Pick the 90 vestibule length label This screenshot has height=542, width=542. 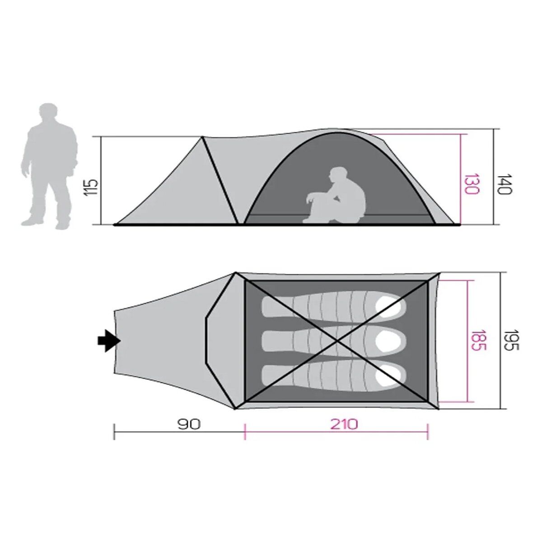189,424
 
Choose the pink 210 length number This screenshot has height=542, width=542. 345,424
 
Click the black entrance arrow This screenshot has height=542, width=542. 109,341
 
